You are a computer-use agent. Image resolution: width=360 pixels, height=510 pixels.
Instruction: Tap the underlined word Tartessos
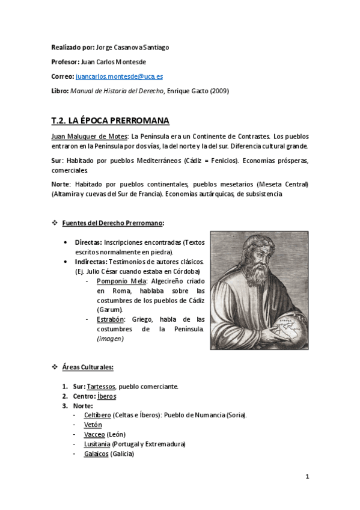pyautogui.click(x=102, y=386)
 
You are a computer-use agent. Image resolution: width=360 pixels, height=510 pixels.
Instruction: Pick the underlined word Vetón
pyautogui.click(x=93, y=425)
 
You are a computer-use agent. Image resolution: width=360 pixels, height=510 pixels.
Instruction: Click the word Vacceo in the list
pyautogui.click(x=95, y=434)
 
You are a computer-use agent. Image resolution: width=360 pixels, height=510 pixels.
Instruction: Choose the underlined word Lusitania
pyautogui.click(x=97, y=444)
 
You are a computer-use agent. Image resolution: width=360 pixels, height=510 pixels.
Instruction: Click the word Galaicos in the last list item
pyautogui.click(x=96, y=453)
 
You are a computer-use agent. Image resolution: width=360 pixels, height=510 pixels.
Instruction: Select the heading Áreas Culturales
pyautogui.click(x=88, y=367)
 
